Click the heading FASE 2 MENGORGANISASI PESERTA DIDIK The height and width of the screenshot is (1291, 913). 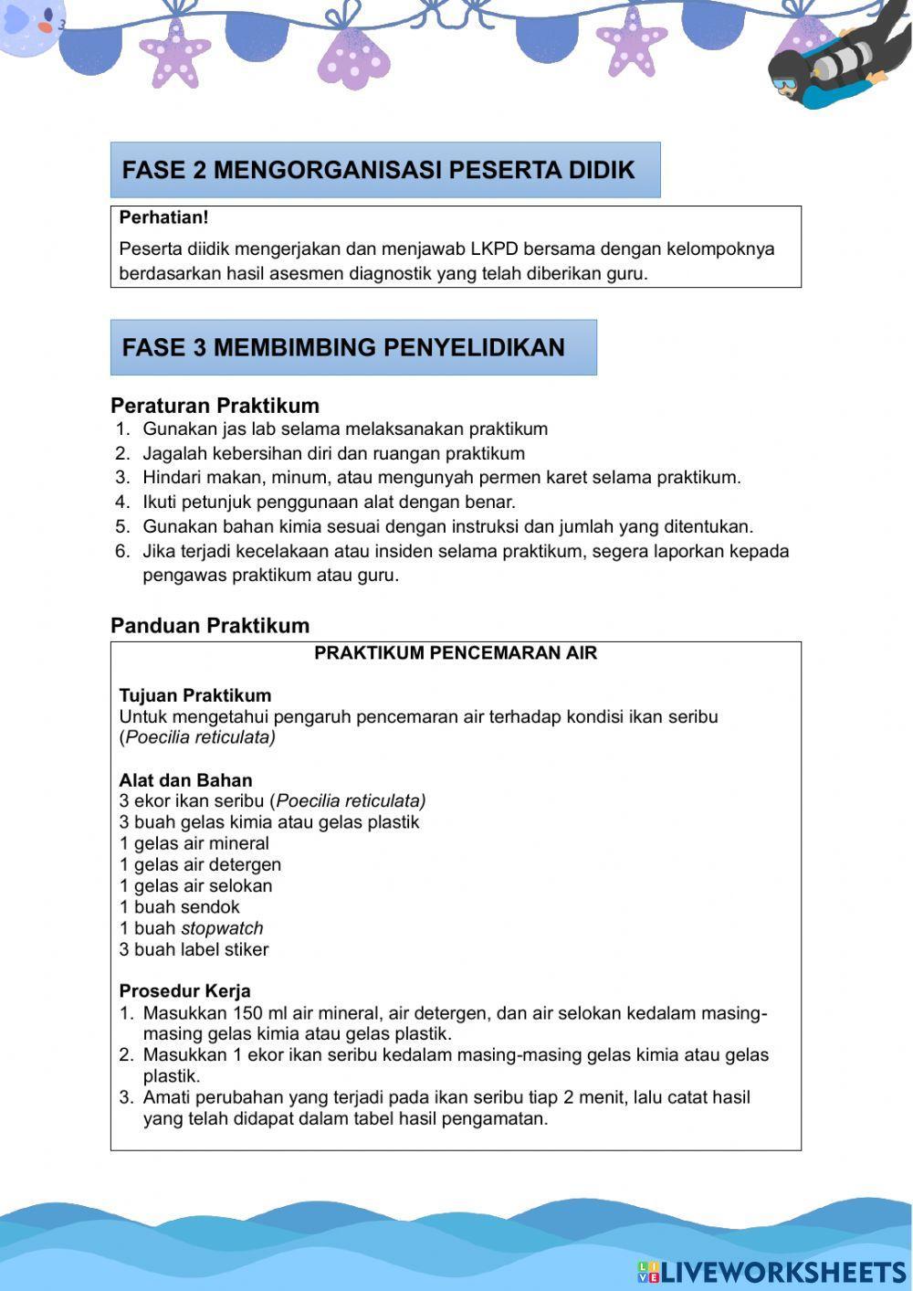378,171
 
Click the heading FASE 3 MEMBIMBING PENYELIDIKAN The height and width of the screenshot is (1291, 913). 343,348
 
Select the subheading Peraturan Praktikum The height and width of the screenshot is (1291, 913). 215,406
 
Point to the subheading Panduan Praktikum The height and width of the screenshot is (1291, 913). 210,626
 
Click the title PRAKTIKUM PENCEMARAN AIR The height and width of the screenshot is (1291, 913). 456,653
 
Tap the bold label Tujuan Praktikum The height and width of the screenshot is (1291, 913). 194,695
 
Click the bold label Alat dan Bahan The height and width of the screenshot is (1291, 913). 185,780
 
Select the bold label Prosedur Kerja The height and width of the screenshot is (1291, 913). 184,991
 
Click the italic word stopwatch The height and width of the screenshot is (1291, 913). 222,928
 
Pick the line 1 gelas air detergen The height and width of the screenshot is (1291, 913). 200,864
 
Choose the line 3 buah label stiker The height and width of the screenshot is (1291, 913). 194,949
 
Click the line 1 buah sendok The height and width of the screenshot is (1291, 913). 179,907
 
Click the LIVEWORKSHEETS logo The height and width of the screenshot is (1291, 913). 771,1271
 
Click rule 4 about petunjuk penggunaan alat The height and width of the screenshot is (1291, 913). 329,503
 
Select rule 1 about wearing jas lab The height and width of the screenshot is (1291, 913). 344,429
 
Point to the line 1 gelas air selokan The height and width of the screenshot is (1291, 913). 195,886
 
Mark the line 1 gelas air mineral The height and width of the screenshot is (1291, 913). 194,843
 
